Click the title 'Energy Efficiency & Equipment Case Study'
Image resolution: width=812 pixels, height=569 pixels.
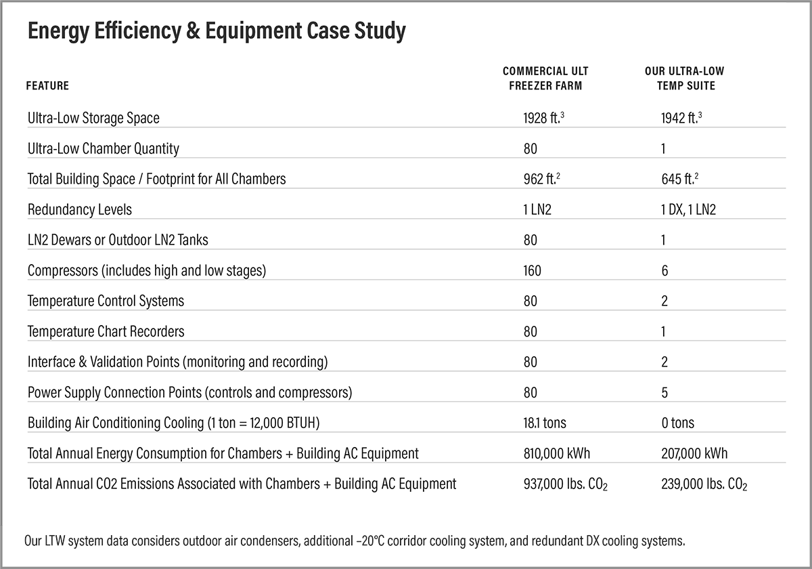(x=217, y=31)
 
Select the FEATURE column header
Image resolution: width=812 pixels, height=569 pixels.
(x=47, y=86)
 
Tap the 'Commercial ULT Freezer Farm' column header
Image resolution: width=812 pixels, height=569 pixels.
(x=545, y=79)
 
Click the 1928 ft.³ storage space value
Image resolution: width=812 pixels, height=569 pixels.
(x=544, y=118)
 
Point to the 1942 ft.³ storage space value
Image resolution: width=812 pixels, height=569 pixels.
(x=682, y=118)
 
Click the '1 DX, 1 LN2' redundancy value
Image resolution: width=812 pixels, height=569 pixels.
(x=688, y=210)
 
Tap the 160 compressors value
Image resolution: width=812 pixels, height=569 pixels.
(x=532, y=271)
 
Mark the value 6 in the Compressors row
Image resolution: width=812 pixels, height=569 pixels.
(x=664, y=271)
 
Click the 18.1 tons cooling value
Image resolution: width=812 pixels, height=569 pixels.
(x=545, y=423)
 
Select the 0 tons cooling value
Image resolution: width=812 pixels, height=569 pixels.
(x=677, y=423)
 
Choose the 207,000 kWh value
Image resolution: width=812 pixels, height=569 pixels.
(x=694, y=454)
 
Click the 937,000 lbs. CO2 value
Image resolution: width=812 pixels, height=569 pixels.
(x=565, y=484)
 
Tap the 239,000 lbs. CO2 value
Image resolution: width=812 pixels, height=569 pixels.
(x=704, y=484)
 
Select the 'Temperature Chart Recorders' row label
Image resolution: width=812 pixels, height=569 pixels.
(x=106, y=332)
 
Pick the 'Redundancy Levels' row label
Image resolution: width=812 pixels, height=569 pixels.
(x=80, y=210)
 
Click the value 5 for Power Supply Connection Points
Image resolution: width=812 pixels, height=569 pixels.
(x=664, y=393)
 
